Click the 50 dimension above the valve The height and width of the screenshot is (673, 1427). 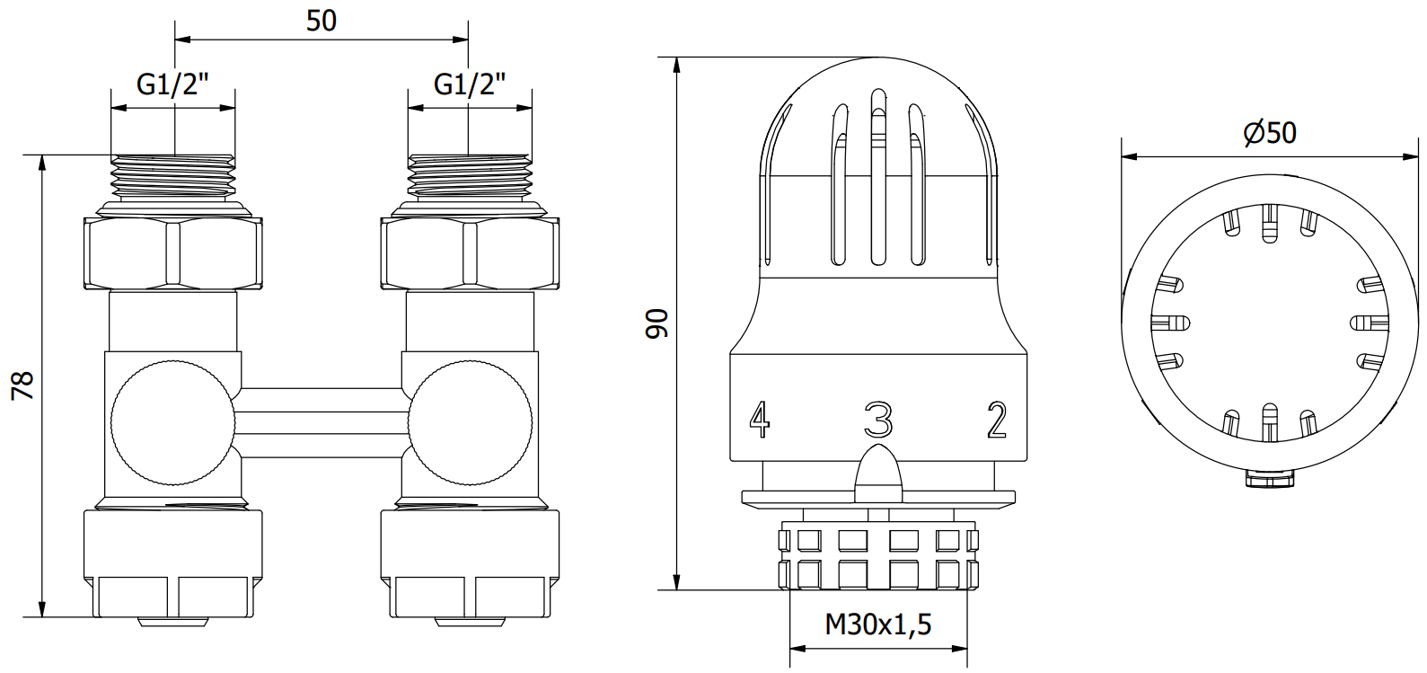tap(322, 21)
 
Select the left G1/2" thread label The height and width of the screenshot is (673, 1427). tap(172, 84)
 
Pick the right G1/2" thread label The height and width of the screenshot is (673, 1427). tap(471, 84)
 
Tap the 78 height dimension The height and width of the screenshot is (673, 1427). tap(23, 385)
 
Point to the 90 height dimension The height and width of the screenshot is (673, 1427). tap(656, 323)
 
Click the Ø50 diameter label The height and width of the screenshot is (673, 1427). tap(1270, 133)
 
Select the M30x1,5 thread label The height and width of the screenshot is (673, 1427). tap(878, 624)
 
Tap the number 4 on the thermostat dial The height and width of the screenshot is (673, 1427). tap(760, 420)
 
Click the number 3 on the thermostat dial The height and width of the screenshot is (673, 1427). tap(878, 420)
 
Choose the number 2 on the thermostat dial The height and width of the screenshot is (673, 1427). tap(997, 420)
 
